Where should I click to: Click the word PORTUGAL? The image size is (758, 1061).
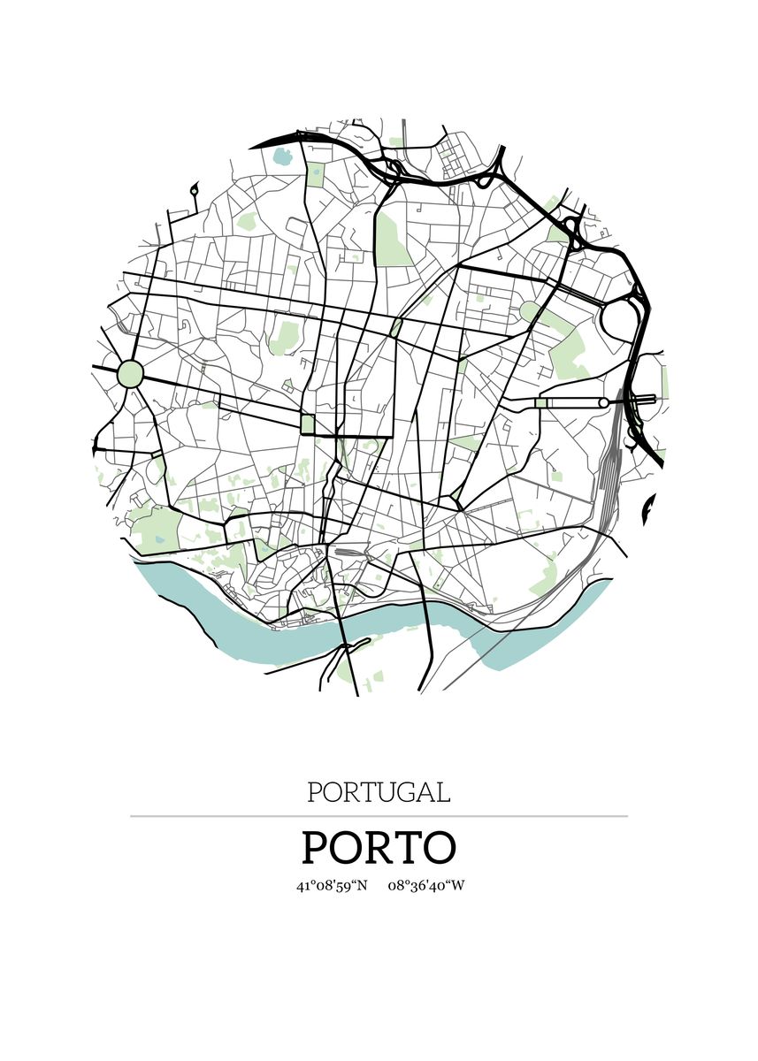point(379,791)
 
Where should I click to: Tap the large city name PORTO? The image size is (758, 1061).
point(379,847)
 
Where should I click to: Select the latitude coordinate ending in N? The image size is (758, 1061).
point(332,885)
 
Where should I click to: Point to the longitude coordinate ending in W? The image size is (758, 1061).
point(425,885)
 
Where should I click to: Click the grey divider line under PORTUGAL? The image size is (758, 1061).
point(379,816)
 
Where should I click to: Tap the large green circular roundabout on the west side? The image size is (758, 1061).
point(130,373)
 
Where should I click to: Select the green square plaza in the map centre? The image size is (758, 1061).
point(308,424)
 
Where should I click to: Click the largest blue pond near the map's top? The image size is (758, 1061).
point(282,159)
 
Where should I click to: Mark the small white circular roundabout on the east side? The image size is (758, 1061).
point(603,403)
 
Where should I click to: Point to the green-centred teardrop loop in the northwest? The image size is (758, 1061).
point(194,189)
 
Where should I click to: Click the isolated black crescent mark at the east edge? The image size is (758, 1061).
point(650,511)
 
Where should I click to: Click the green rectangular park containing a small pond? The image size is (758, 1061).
point(315,173)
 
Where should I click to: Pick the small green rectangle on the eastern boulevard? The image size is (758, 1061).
point(540,403)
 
